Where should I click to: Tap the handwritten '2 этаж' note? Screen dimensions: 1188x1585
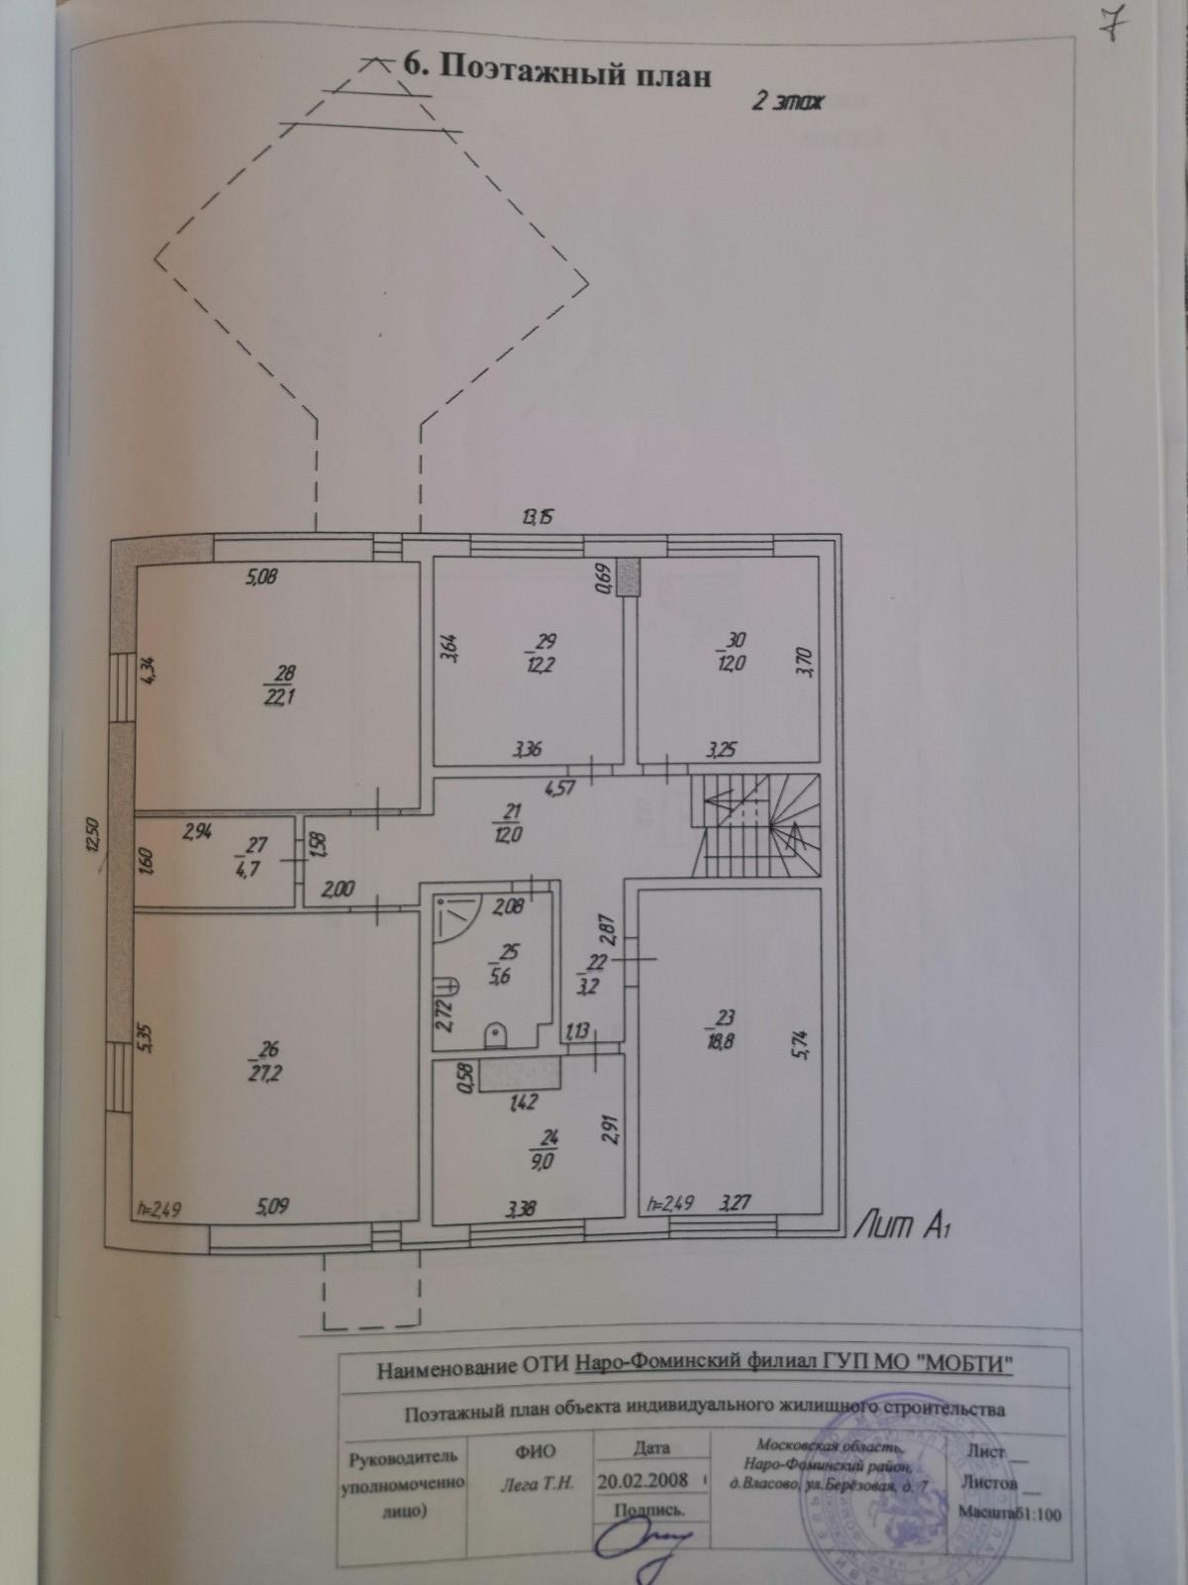787,101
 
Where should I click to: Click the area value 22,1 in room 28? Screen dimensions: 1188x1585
280,696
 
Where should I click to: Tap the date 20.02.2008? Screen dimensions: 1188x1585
643,1482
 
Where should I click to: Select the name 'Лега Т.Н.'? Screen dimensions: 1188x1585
532,1483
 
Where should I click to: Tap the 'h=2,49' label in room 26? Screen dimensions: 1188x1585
157,1208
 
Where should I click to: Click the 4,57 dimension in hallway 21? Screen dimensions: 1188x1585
559,789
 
